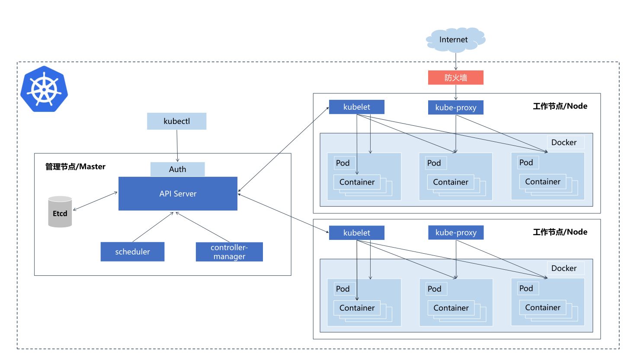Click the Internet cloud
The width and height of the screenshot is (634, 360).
pyautogui.click(x=455, y=40)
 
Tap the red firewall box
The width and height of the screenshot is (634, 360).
pyautogui.click(x=456, y=77)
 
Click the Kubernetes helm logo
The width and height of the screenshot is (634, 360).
pyautogui.click(x=44, y=89)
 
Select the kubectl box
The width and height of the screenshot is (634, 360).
pyautogui.click(x=176, y=121)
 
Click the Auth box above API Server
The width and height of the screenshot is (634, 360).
pyautogui.click(x=177, y=169)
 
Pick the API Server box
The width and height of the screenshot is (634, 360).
pyautogui.click(x=178, y=194)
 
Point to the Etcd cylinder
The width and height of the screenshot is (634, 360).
pyautogui.click(x=60, y=211)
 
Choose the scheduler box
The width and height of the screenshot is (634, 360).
pyautogui.click(x=132, y=252)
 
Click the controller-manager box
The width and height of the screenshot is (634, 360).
pyautogui.click(x=229, y=252)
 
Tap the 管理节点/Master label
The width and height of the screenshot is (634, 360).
pyautogui.click(x=75, y=166)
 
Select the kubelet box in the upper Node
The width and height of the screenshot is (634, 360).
pyautogui.click(x=357, y=107)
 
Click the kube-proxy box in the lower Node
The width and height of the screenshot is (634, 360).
pyautogui.click(x=456, y=233)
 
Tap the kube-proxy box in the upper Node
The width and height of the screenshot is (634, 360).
pyautogui.click(x=456, y=108)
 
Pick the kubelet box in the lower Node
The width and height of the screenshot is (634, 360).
pyautogui.click(x=357, y=233)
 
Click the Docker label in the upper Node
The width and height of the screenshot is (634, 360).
pyautogui.click(x=564, y=142)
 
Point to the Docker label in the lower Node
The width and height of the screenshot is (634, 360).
pyautogui.click(x=564, y=268)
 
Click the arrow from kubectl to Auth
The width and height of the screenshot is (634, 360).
pyautogui.click(x=177, y=146)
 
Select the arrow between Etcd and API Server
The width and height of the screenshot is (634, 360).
pyautogui.click(x=95, y=201)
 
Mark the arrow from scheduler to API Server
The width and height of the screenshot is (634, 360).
pyautogui.click(x=153, y=227)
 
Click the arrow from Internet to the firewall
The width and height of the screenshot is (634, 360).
pyautogui.click(x=456, y=61)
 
